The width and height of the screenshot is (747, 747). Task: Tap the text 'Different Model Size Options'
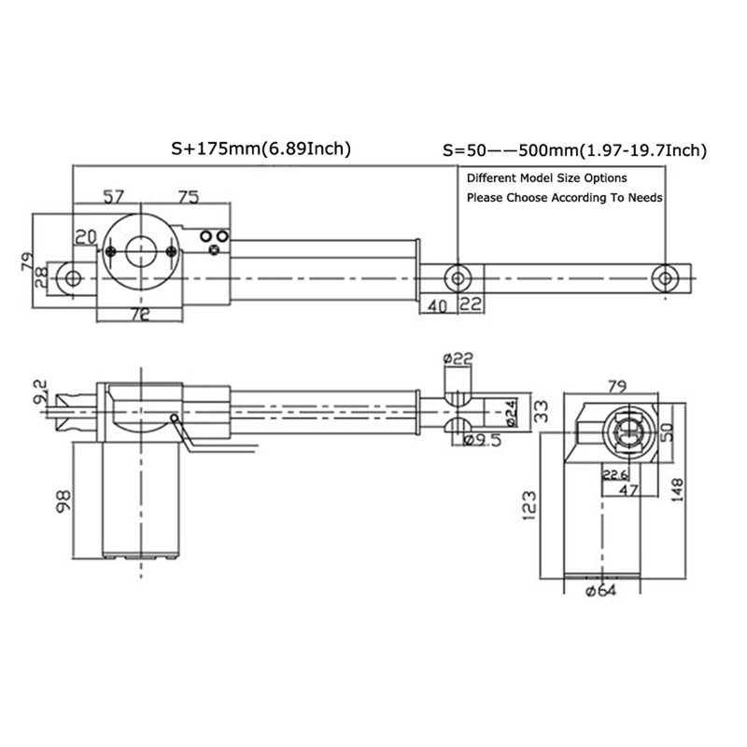[546, 177]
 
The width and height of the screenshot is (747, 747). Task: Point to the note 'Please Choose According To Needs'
[564, 198]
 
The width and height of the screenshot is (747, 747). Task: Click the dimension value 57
[113, 197]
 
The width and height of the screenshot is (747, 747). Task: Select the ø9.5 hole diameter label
[483, 441]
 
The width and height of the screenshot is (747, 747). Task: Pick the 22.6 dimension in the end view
[615, 474]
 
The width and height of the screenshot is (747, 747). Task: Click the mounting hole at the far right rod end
[665, 277]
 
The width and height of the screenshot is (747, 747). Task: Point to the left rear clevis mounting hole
[71, 278]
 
